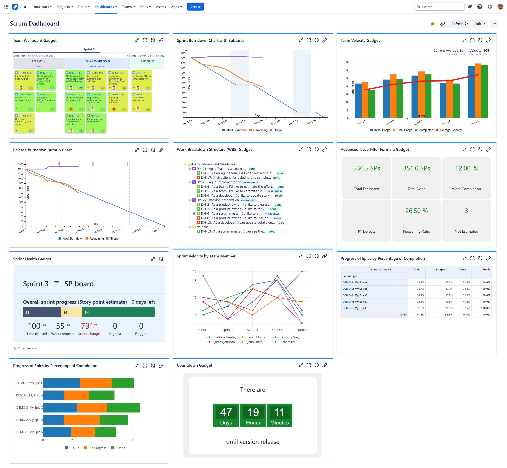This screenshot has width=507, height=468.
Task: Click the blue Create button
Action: (195, 7)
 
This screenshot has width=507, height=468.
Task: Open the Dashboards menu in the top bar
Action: (106, 7)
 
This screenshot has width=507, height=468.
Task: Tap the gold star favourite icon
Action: (433, 24)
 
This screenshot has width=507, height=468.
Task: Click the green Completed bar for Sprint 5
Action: (484, 91)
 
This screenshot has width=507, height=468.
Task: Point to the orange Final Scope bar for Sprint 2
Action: (393, 96)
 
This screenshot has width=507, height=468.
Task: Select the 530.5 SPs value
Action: (366, 168)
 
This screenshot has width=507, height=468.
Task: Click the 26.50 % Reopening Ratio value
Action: (416, 211)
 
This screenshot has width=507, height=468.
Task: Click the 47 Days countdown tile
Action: (226, 415)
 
